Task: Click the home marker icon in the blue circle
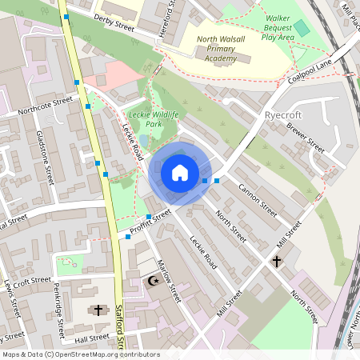click(x=180, y=173)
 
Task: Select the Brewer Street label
click(x=305, y=141)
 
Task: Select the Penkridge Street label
click(x=58, y=309)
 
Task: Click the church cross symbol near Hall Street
click(x=98, y=310)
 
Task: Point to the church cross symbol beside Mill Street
click(x=277, y=262)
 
